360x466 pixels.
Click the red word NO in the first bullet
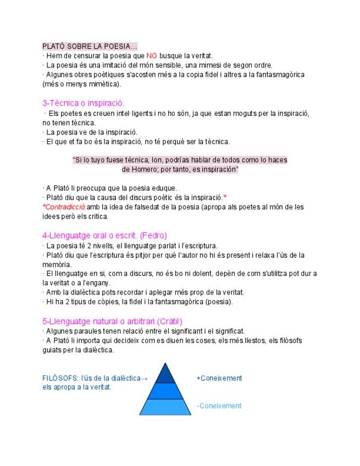[x=152, y=56]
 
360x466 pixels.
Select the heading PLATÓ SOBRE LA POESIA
[x=90, y=46]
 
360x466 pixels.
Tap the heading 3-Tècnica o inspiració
[x=84, y=103]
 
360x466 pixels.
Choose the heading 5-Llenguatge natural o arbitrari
[x=112, y=321]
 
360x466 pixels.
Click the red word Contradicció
[x=64, y=207]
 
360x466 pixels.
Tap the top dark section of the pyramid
[x=165, y=374]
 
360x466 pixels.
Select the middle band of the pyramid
[x=165, y=391]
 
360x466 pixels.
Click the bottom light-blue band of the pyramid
[x=165, y=407]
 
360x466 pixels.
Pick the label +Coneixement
[x=219, y=378]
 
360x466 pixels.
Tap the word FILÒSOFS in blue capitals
[x=60, y=378]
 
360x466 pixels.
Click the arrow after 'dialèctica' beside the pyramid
[x=145, y=378]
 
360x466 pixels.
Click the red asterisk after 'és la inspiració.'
[x=225, y=197]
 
